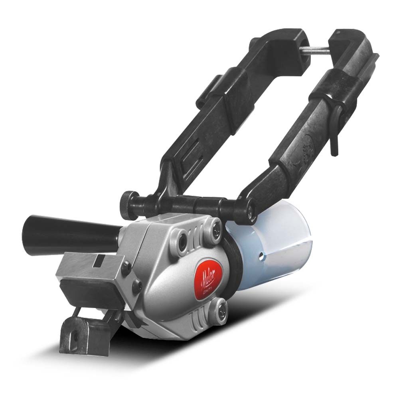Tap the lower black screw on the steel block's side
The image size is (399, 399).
coord(137,284)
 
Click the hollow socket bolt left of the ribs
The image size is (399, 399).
coord(184,238)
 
